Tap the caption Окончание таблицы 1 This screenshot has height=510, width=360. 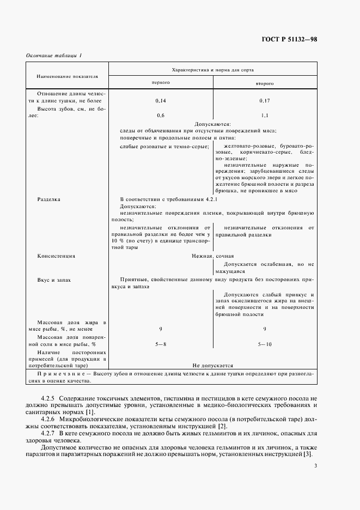54,56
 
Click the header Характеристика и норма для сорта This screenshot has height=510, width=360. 212,70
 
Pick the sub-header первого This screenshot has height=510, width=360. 161,83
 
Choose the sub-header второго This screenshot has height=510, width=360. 264,83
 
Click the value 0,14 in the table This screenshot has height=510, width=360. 161,101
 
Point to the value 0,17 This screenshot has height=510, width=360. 264,101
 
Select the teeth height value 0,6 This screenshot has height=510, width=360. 161,116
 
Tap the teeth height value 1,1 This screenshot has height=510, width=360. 264,116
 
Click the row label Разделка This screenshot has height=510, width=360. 48,199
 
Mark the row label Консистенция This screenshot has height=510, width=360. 56,256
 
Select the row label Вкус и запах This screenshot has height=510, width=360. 54,279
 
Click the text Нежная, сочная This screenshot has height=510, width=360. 212,256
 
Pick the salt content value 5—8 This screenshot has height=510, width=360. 161,344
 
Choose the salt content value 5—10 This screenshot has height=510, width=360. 264,344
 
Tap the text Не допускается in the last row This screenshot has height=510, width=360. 212,366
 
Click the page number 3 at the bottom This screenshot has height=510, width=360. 315,465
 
